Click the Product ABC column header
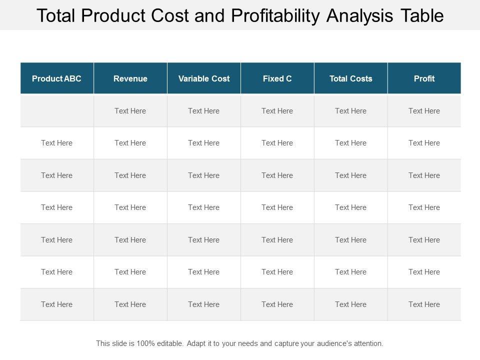56,78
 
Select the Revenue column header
130,78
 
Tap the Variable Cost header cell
204,78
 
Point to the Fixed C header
277,78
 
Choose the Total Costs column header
351,78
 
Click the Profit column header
424,78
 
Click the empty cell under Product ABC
57,111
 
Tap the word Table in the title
422,15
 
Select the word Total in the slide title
56,15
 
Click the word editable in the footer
168,343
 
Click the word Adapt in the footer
196,343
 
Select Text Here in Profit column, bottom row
424,304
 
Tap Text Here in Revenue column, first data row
130,111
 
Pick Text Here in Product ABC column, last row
57,304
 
